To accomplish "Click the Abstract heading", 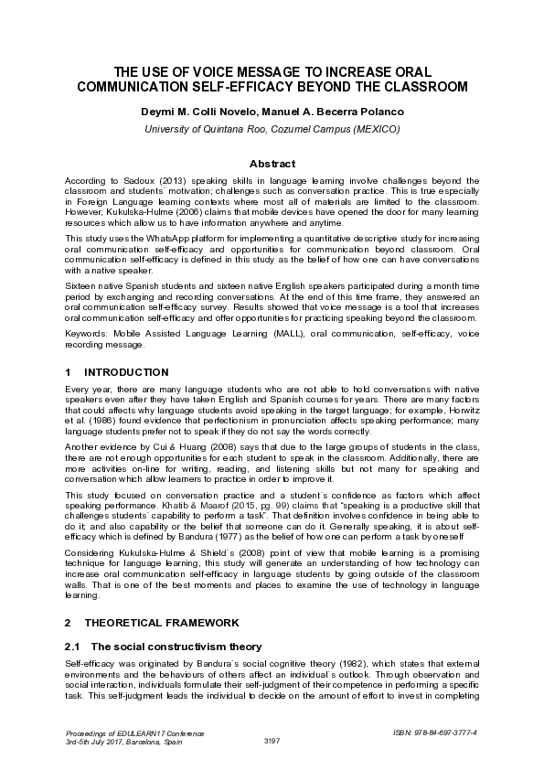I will [272, 163].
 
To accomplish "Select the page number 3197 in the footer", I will [272, 741].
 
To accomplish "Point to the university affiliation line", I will [272, 129].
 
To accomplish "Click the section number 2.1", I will [73, 646].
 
